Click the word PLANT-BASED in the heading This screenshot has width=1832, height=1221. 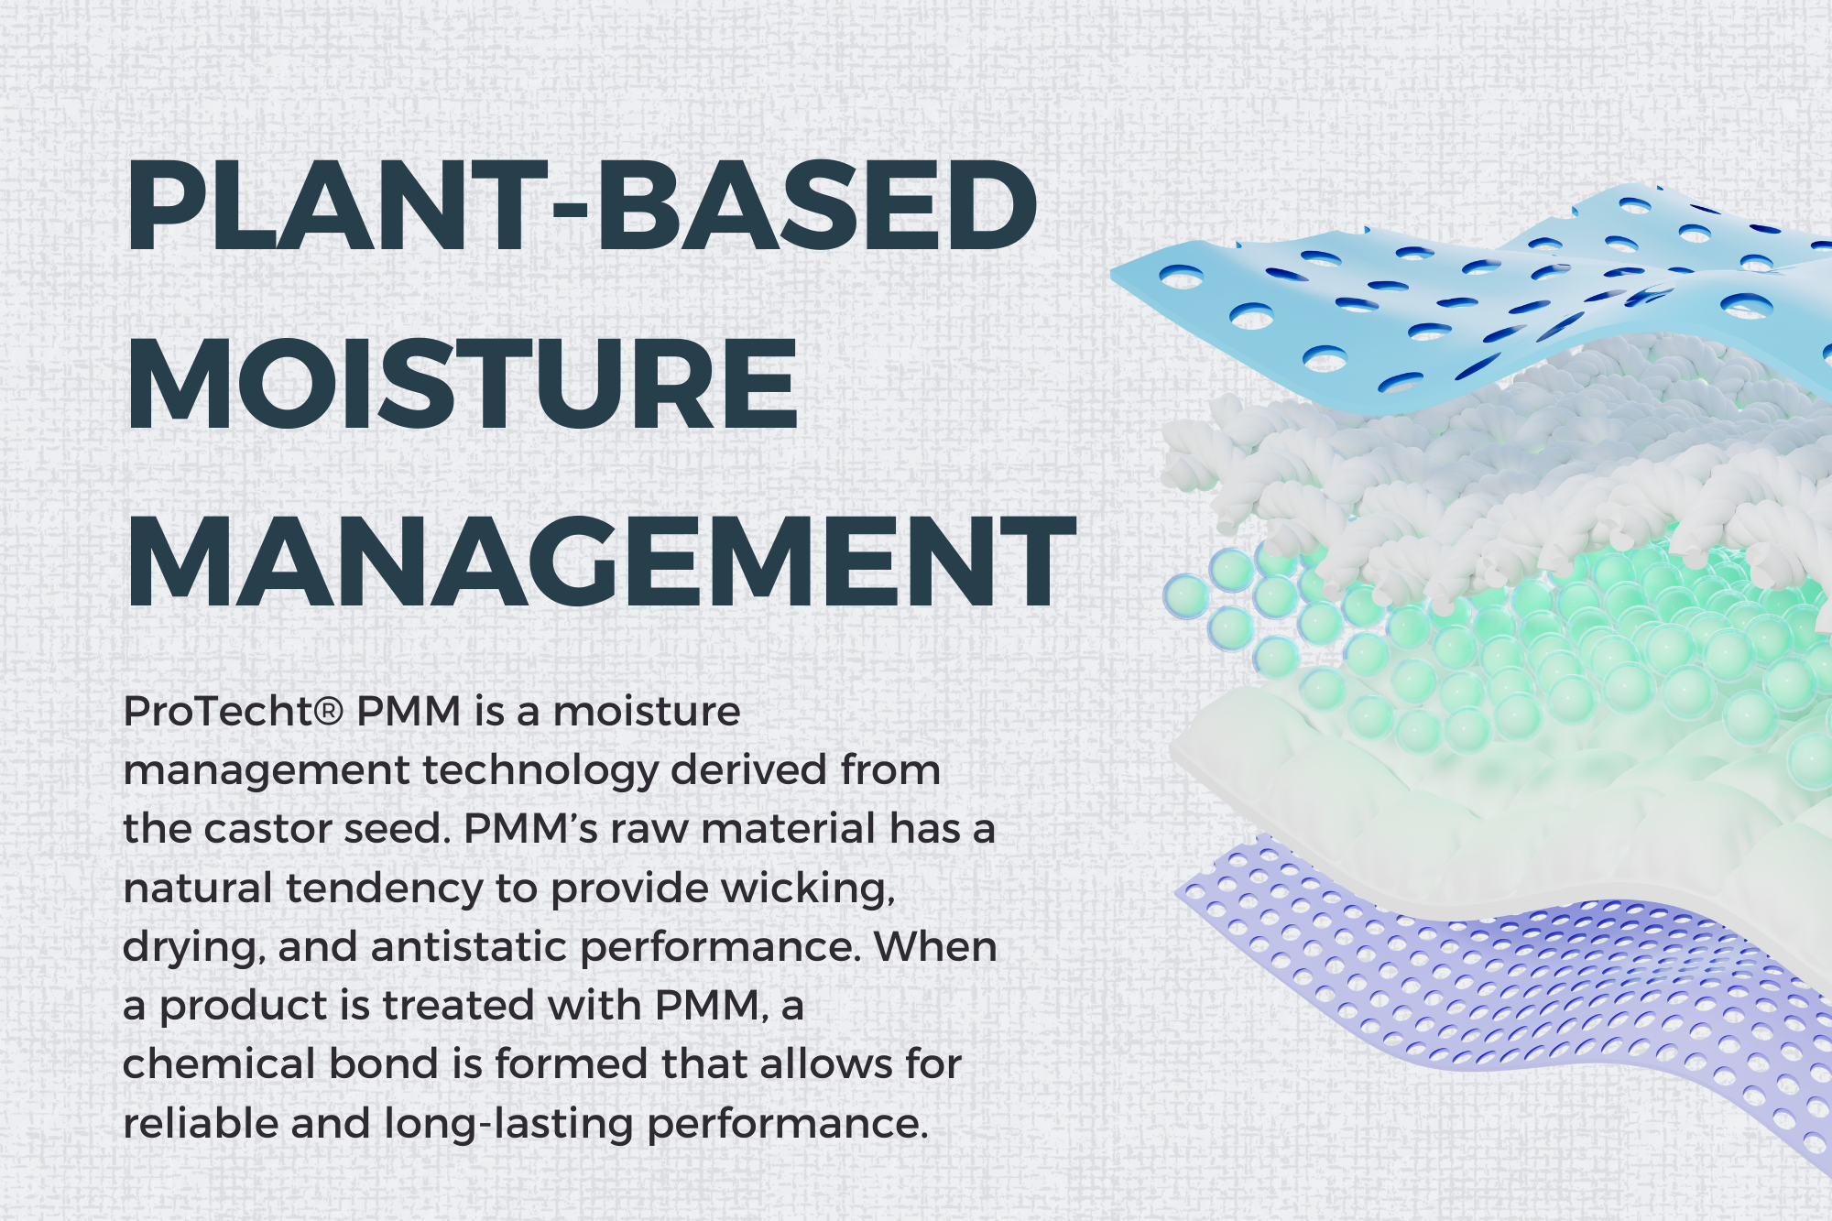[x=582, y=206]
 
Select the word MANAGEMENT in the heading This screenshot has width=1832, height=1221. [x=601, y=561]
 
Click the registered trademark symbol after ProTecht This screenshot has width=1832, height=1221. [x=329, y=711]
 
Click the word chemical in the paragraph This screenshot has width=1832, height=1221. [x=219, y=1064]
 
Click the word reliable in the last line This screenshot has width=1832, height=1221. [x=201, y=1123]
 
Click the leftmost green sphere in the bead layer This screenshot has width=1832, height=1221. [x=1186, y=596]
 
